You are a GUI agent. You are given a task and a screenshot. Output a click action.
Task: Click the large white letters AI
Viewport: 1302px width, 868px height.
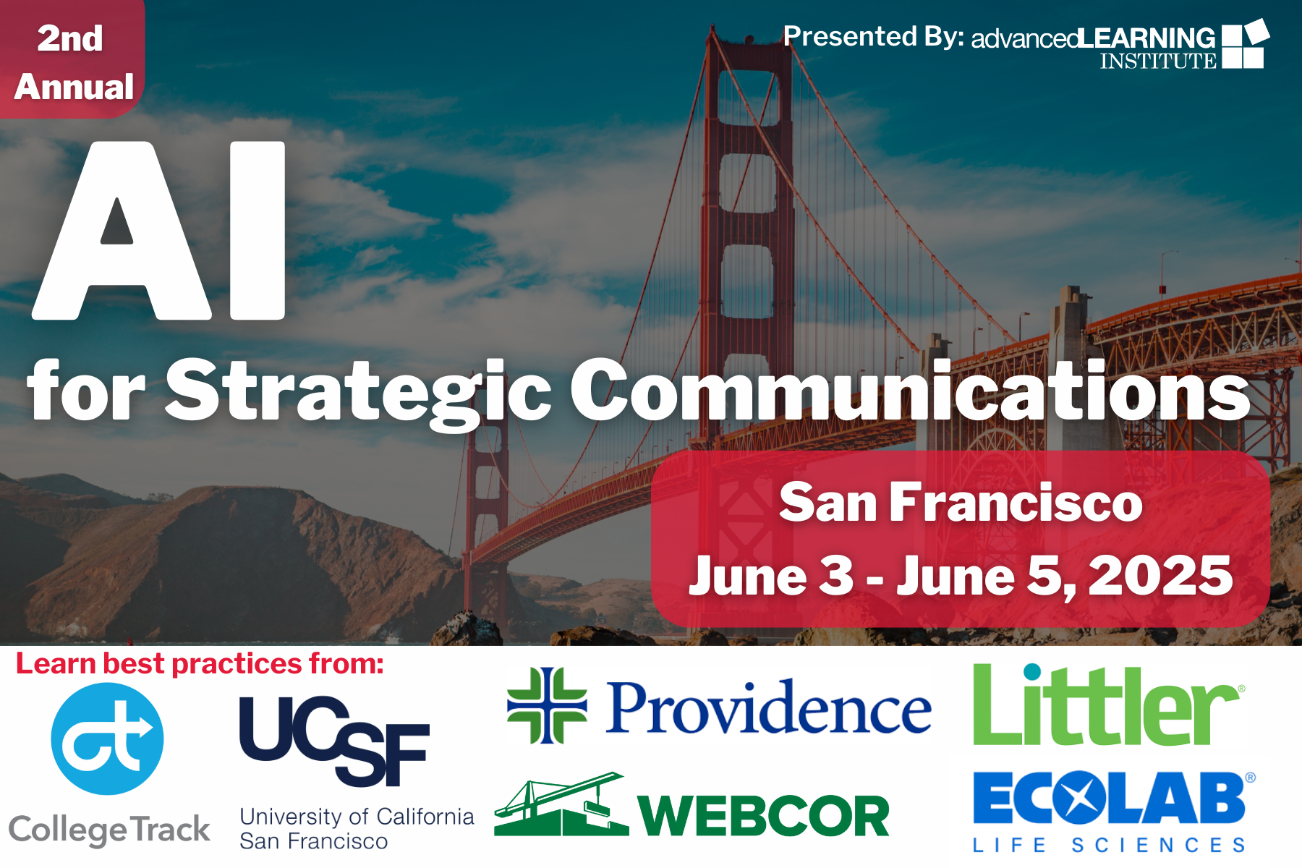click(x=159, y=230)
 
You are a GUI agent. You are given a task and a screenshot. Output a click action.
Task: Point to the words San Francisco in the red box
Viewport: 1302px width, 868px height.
click(x=961, y=502)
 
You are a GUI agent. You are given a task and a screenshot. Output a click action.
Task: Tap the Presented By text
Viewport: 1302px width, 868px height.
click(x=874, y=36)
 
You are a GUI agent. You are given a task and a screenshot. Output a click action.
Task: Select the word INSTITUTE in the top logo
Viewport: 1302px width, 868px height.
click(x=1159, y=61)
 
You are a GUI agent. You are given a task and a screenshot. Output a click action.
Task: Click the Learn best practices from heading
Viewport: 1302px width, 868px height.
click(x=200, y=663)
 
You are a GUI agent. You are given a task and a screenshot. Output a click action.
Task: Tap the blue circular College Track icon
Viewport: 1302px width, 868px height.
click(x=108, y=739)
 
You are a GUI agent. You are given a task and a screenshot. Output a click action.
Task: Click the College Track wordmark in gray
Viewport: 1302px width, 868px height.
click(x=109, y=830)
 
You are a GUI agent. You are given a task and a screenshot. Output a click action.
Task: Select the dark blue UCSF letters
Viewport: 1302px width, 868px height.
click(x=334, y=741)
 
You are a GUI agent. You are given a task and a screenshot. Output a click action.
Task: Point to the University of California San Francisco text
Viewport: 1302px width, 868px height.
click(x=357, y=828)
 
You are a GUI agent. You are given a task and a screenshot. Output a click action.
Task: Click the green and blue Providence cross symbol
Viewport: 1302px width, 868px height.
click(x=547, y=706)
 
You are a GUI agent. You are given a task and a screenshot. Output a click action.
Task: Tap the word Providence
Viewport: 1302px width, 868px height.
click(x=769, y=707)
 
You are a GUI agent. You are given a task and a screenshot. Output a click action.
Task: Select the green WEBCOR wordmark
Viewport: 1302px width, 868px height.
click(x=763, y=816)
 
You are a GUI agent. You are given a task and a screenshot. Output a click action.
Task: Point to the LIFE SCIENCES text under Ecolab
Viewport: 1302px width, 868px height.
click(x=1110, y=845)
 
